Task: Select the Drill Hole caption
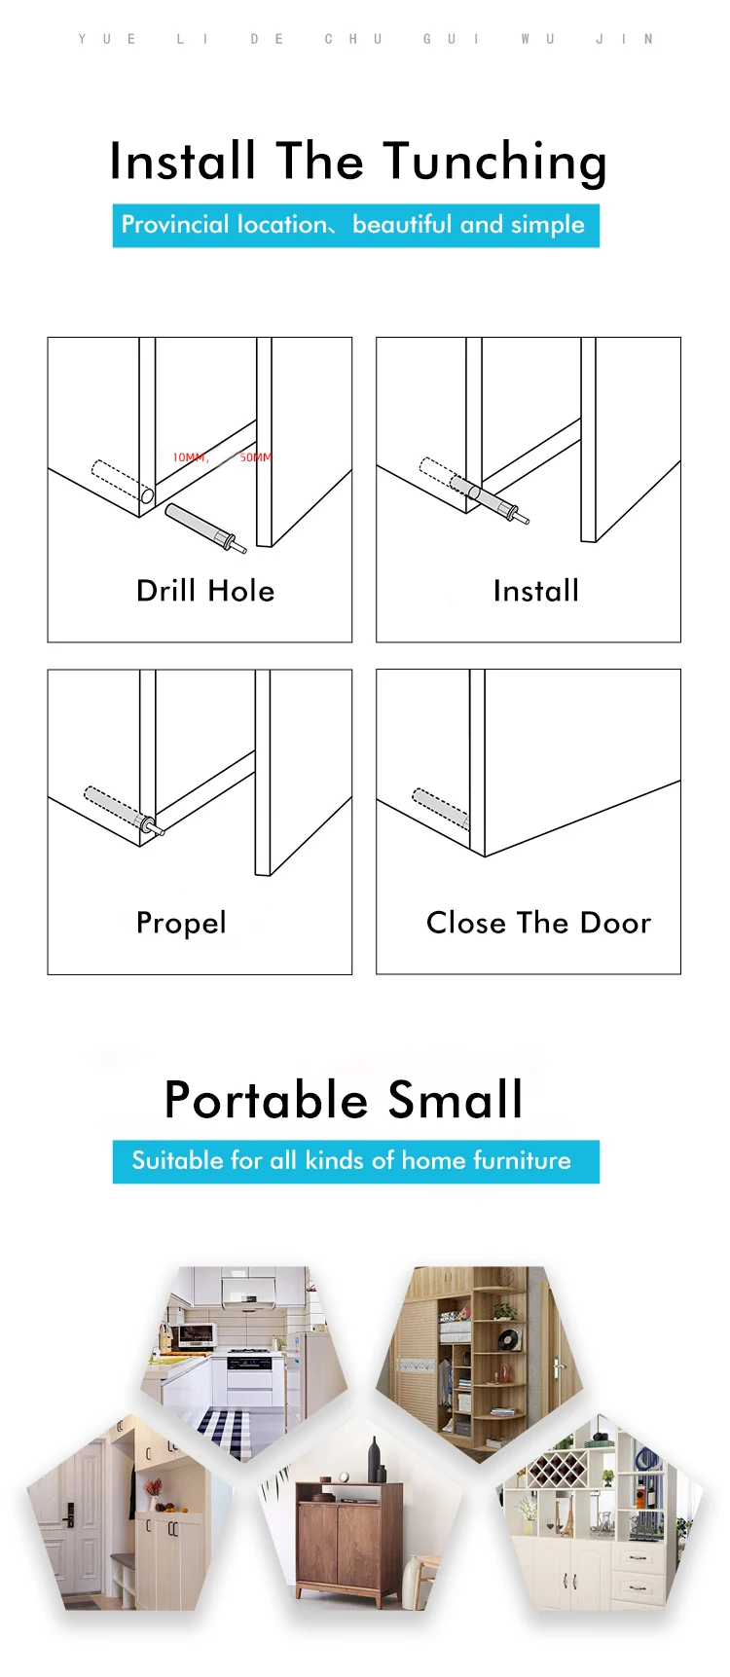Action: (x=205, y=591)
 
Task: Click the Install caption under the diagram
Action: (x=535, y=591)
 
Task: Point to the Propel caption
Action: (x=181, y=923)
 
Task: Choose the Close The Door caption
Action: (x=538, y=923)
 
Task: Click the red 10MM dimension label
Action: (x=190, y=457)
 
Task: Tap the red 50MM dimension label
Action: (x=256, y=457)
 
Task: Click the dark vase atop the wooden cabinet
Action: (x=375, y=1460)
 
